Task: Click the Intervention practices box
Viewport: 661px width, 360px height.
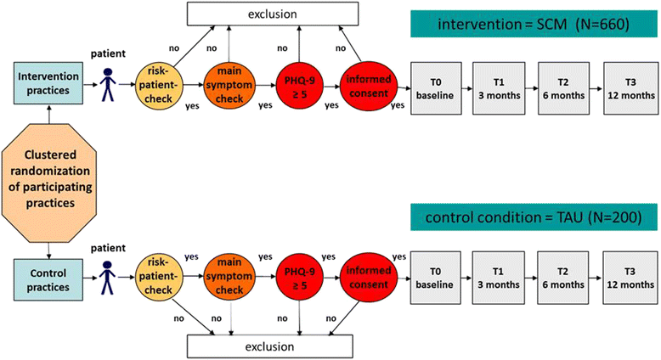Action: [x=48, y=83]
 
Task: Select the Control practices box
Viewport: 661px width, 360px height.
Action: [x=48, y=280]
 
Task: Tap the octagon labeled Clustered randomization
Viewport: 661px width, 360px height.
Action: [x=49, y=178]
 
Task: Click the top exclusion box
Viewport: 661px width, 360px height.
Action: [x=273, y=14]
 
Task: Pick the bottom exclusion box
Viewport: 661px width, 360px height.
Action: [x=270, y=346]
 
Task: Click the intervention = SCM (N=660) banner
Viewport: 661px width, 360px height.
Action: [x=534, y=25]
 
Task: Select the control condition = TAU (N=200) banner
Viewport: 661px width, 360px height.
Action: [x=534, y=217]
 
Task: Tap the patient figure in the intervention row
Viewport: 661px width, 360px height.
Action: [x=108, y=84]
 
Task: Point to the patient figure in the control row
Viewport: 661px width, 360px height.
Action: [x=108, y=278]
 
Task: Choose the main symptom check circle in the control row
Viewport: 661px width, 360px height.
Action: [x=229, y=276]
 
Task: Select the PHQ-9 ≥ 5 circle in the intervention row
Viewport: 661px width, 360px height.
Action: [x=299, y=87]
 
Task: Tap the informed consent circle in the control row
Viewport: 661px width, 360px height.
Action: [x=369, y=277]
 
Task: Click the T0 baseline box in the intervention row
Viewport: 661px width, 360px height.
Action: [x=436, y=88]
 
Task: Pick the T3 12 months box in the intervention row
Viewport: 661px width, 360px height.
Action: [x=631, y=88]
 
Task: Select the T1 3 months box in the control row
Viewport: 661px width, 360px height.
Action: [x=498, y=278]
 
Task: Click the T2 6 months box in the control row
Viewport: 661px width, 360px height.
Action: [x=563, y=278]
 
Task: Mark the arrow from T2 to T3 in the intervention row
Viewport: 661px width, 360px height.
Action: [x=596, y=89]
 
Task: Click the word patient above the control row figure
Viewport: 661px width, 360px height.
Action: [x=109, y=248]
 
